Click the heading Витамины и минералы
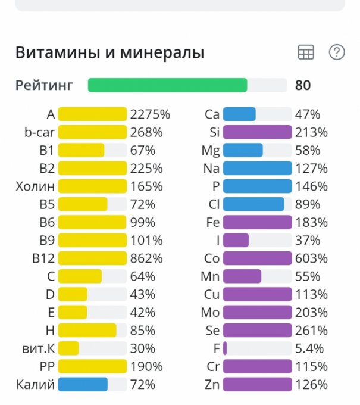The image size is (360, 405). coord(109,52)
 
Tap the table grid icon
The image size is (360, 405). coord(306,52)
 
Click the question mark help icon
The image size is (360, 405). coord(337,52)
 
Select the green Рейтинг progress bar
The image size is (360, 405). coord(167,85)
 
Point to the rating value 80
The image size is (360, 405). coord(303,85)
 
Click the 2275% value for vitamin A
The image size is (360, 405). coord(151,114)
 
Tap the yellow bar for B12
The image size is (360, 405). coord(92,258)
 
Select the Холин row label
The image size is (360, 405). coord(35,186)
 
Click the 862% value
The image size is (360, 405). coord(146,258)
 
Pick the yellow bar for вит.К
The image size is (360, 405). coord(68,348)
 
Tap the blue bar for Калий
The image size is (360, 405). coord(83,384)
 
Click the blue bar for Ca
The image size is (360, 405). coord(239,114)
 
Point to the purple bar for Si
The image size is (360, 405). coord(257,132)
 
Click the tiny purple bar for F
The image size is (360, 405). coord(225,348)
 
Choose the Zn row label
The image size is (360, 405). coord(212,384)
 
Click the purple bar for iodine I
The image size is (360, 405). coord(236,241)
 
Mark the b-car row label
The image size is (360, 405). coord(39,132)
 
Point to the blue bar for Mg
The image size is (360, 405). coord(243,150)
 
